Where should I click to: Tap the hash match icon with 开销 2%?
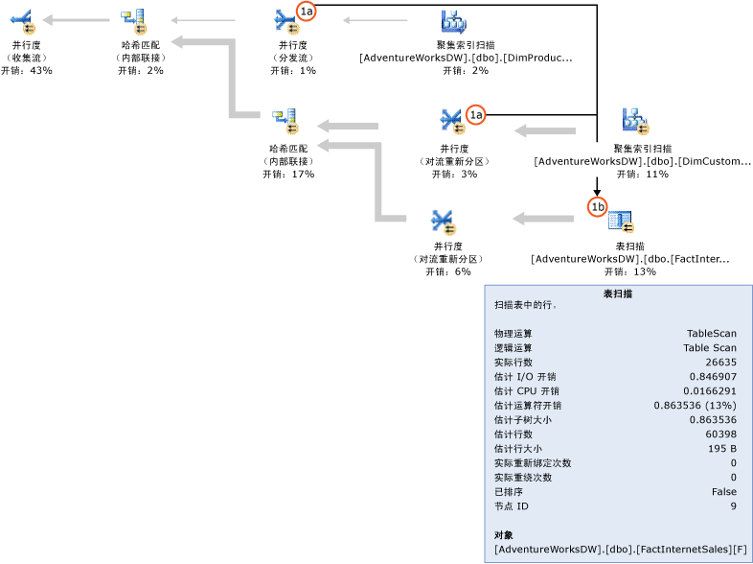coord(132,19)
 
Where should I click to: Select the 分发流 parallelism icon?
coord(285,19)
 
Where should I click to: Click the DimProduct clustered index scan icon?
coord(454,20)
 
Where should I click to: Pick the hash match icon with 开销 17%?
coord(285,121)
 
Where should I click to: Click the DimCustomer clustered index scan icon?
coord(636,121)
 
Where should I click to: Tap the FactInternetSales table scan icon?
coord(621,222)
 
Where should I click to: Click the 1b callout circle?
coord(597,206)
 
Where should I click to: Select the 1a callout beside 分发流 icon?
coord(307,11)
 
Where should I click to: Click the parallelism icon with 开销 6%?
coord(443,222)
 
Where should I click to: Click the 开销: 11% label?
coord(642,175)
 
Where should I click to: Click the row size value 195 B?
coord(722,449)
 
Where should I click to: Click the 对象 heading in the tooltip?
coord(504,534)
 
